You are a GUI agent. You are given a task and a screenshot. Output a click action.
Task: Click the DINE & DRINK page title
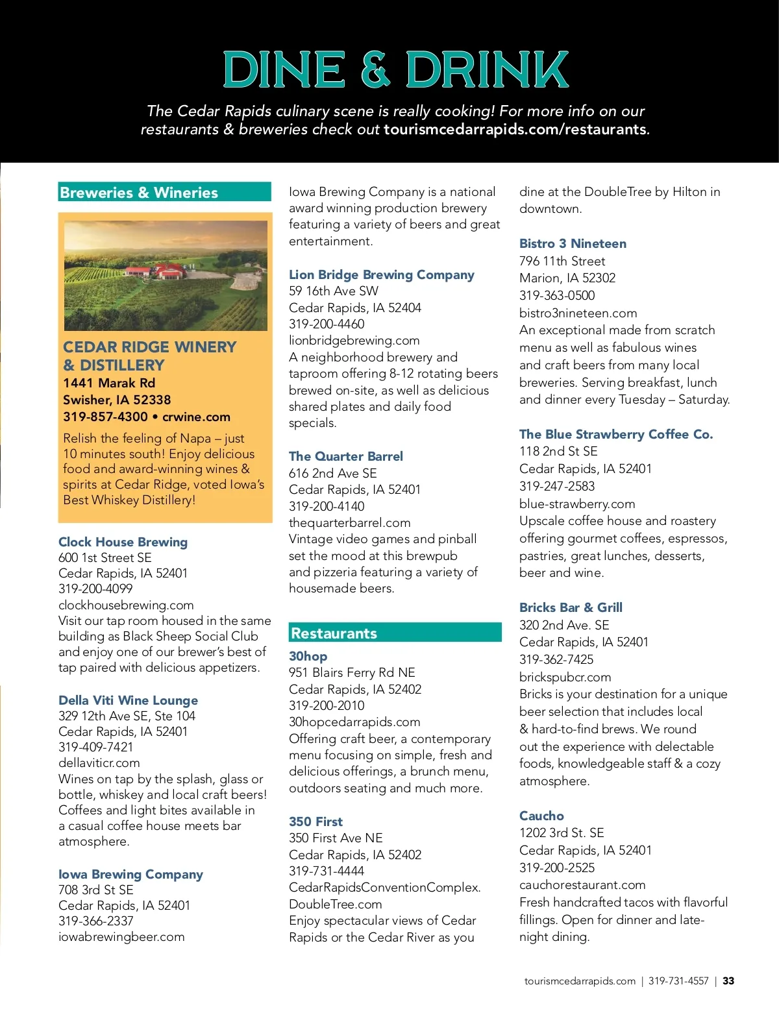[x=395, y=70]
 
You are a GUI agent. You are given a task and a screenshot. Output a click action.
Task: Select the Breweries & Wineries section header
[x=139, y=193]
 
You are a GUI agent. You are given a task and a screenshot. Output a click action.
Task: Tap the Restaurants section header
[x=334, y=633]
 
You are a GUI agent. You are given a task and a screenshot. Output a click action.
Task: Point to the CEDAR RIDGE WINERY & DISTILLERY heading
[x=149, y=356]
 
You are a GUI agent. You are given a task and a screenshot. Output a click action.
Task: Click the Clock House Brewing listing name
[x=123, y=542]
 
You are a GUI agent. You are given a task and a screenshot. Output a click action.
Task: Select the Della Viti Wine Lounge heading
[x=128, y=700]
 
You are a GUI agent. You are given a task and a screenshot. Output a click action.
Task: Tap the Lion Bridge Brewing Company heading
[x=381, y=274]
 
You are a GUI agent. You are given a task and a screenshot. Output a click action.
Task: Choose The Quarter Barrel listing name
[x=345, y=456]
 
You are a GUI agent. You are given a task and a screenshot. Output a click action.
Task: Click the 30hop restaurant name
[x=308, y=656]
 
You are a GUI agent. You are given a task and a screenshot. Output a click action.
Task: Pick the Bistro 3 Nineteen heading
[x=573, y=243]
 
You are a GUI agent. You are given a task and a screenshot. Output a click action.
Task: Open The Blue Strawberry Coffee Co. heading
[x=615, y=434]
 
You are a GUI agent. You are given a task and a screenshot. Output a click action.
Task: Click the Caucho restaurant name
[x=541, y=816]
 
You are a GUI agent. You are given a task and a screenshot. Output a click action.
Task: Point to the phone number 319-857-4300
[x=105, y=417]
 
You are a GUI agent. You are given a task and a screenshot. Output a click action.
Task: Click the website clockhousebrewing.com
[x=126, y=605]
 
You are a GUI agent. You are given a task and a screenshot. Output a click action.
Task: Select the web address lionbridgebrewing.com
[x=354, y=340]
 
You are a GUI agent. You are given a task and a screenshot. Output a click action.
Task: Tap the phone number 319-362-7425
[x=556, y=659]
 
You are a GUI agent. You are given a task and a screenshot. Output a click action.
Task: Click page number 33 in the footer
[x=728, y=981]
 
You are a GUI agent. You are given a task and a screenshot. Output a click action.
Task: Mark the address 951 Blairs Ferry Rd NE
[x=352, y=672]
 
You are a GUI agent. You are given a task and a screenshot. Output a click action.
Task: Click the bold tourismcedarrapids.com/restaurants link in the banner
[x=515, y=129]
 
